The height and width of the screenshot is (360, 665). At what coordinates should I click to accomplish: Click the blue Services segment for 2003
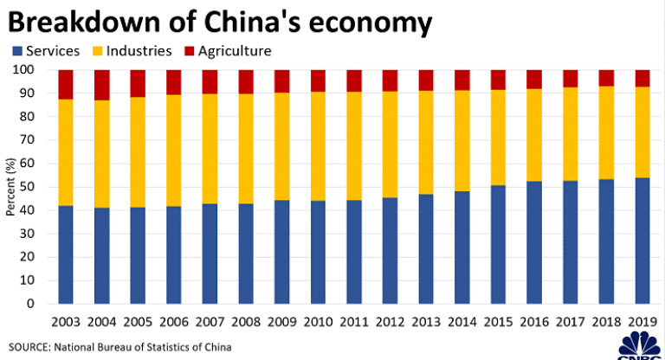coord(66,254)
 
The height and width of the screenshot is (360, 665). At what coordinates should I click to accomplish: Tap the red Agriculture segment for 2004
coord(102,85)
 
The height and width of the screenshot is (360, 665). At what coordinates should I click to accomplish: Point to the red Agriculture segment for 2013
coord(426,80)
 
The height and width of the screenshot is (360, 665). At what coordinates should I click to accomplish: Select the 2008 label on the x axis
coord(246,323)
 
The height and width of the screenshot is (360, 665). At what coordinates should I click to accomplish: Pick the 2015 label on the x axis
coord(499,323)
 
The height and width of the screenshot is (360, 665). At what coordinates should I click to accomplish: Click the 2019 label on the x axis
coord(642,323)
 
